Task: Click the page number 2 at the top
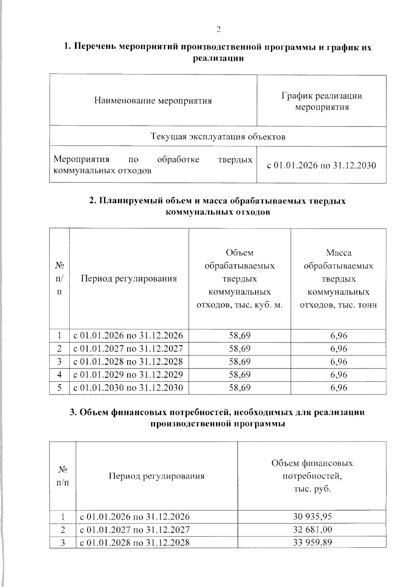click(x=218, y=30)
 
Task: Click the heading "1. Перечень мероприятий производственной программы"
click(x=218, y=47)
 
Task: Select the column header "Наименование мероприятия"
click(x=153, y=101)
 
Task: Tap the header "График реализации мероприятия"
click(x=322, y=101)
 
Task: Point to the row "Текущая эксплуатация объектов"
click(x=218, y=137)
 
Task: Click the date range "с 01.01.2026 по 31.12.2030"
click(x=321, y=165)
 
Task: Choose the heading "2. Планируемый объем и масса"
click(x=218, y=201)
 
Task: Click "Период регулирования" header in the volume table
click(x=129, y=279)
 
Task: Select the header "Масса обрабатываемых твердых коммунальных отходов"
click(x=338, y=279)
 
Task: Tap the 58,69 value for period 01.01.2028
click(x=240, y=362)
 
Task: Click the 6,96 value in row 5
click(x=339, y=388)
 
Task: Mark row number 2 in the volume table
click(x=59, y=349)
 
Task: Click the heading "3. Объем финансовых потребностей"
click(x=218, y=412)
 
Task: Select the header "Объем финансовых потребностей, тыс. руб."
click(x=312, y=476)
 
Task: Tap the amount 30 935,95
click(x=312, y=517)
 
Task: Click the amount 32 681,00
click(x=312, y=530)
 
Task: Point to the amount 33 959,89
click(x=312, y=542)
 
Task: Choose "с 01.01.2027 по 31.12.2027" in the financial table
click(x=135, y=530)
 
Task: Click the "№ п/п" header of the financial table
click(x=63, y=476)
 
